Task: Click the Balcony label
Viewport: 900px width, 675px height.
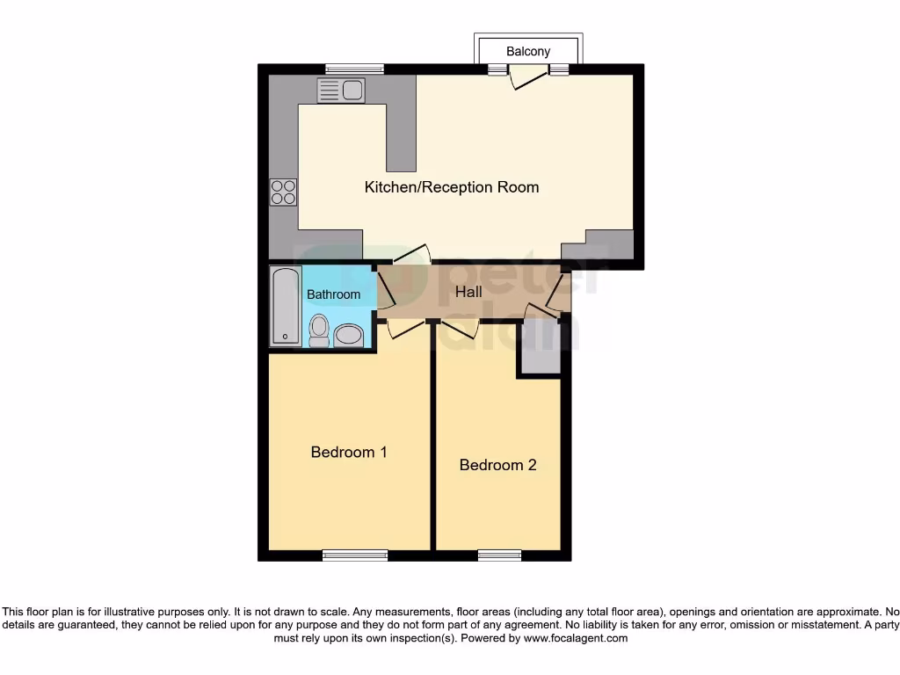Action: (x=528, y=51)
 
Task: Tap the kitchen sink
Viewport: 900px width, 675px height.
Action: (x=341, y=91)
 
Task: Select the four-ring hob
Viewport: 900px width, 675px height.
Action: (x=283, y=192)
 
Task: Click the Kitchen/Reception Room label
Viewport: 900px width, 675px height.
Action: (x=452, y=187)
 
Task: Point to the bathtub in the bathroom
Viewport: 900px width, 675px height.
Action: (x=286, y=305)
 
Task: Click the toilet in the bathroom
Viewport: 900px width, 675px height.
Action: (x=319, y=330)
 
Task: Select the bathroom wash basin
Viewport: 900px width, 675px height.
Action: (x=349, y=335)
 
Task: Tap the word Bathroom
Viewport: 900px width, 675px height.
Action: (x=333, y=294)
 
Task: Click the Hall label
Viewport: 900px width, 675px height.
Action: (x=468, y=291)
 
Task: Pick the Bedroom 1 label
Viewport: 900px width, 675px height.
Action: (x=349, y=452)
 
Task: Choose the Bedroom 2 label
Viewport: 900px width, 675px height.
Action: (x=497, y=465)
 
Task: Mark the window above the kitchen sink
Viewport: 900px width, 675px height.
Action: (x=354, y=69)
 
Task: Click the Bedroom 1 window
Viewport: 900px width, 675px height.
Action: (x=354, y=555)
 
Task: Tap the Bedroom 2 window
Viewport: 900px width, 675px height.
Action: (x=499, y=555)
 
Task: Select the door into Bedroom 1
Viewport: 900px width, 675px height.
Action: (x=405, y=328)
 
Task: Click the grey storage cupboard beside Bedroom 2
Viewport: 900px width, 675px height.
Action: (x=539, y=348)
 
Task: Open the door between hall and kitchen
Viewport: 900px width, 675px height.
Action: (x=411, y=254)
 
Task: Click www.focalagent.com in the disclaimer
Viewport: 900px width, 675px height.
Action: (x=575, y=638)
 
